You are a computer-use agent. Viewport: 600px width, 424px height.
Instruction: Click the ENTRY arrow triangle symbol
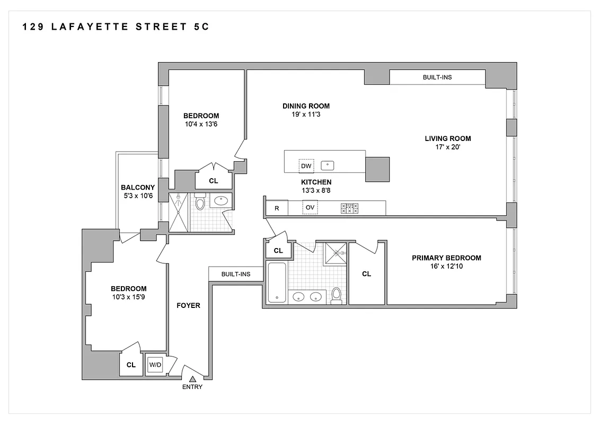click(192, 378)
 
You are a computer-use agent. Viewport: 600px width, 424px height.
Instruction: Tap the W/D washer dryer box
click(155, 365)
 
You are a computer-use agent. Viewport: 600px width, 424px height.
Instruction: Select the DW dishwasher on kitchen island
click(306, 166)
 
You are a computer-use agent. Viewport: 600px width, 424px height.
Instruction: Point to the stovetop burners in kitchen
click(349, 208)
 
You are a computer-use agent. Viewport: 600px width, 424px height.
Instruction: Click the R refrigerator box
click(277, 208)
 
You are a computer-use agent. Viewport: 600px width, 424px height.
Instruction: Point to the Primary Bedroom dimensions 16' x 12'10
click(446, 267)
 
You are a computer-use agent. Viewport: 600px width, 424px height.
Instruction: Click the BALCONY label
click(138, 187)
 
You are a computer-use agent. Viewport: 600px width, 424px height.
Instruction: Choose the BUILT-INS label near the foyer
click(236, 274)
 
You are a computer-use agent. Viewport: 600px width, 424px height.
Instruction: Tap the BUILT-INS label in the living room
click(437, 77)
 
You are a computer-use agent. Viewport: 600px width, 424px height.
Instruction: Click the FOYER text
click(188, 305)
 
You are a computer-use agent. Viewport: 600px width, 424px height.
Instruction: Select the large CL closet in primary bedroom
click(366, 274)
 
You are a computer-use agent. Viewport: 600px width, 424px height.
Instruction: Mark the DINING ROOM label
click(306, 106)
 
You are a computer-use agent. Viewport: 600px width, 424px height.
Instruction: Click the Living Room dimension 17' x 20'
click(447, 147)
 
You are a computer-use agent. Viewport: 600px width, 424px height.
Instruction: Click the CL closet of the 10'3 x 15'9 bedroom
click(131, 365)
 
